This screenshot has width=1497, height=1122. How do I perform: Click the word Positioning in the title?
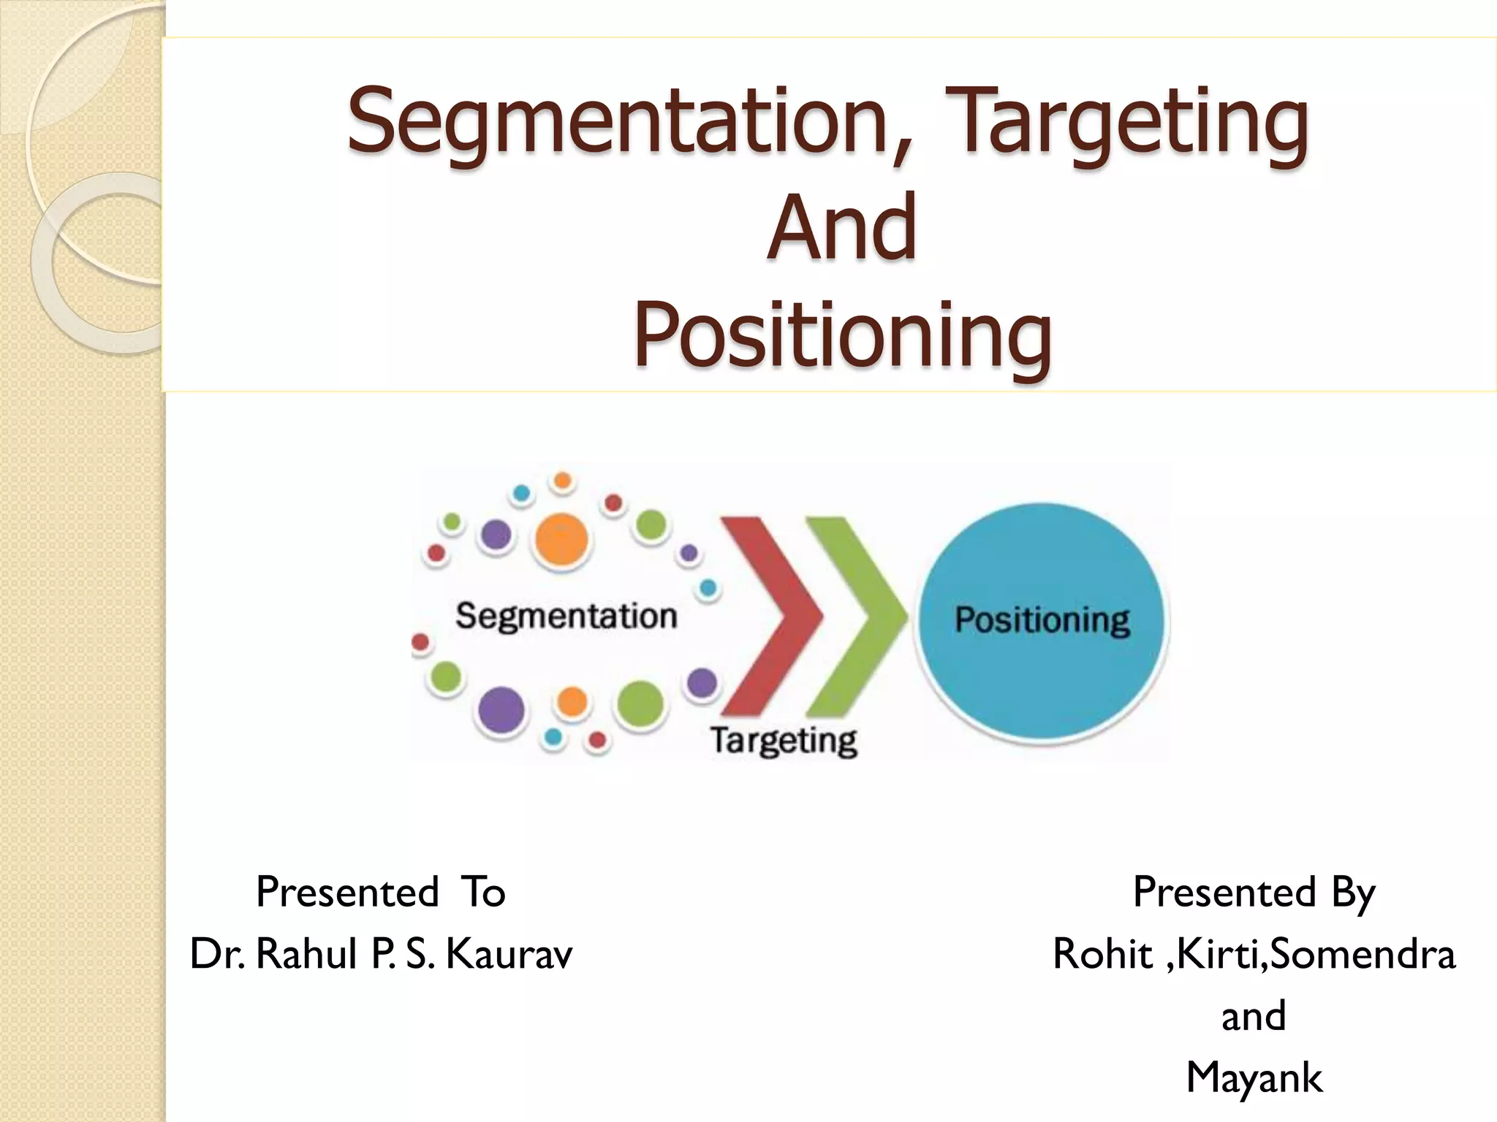pyautogui.click(x=841, y=336)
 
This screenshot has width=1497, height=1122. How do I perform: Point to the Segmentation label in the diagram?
pyautogui.click(x=566, y=616)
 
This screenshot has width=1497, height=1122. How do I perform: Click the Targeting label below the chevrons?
pyautogui.click(x=784, y=741)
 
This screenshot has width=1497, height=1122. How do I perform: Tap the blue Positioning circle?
pyautogui.click(x=1041, y=621)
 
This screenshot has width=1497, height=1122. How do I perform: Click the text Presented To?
pyautogui.click(x=380, y=892)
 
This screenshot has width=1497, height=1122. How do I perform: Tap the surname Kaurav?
pyautogui.click(x=509, y=954)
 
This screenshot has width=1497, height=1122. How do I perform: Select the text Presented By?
pyautogui.click(x=1254, y=892)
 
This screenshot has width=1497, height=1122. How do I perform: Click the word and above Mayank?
pyautogui.click(x=1254, y=1016)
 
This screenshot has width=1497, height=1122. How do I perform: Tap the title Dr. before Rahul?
pyautogui.click(x=217, y=954)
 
